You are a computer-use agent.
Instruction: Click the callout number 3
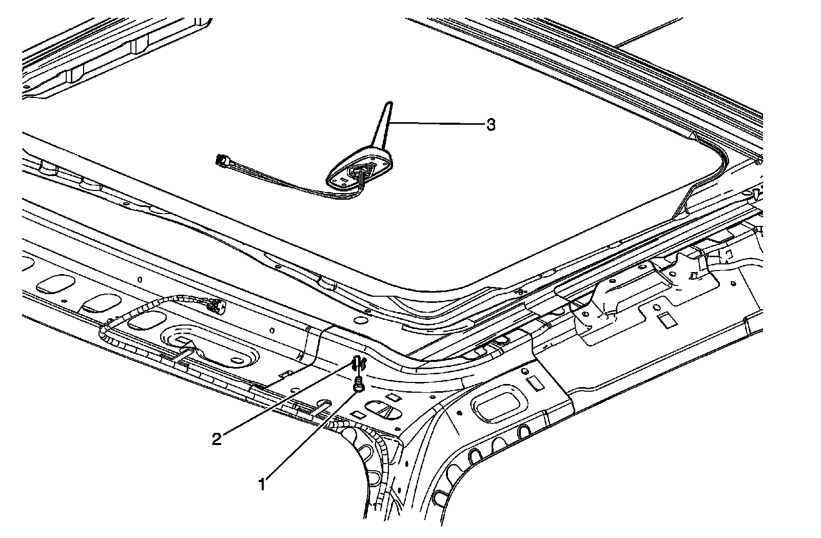(x=491, y=125)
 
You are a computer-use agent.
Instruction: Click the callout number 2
(x=217, y=439)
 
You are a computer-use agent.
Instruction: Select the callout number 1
(x=262, y=483)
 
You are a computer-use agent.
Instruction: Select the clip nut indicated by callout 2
(x=359, y=363)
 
